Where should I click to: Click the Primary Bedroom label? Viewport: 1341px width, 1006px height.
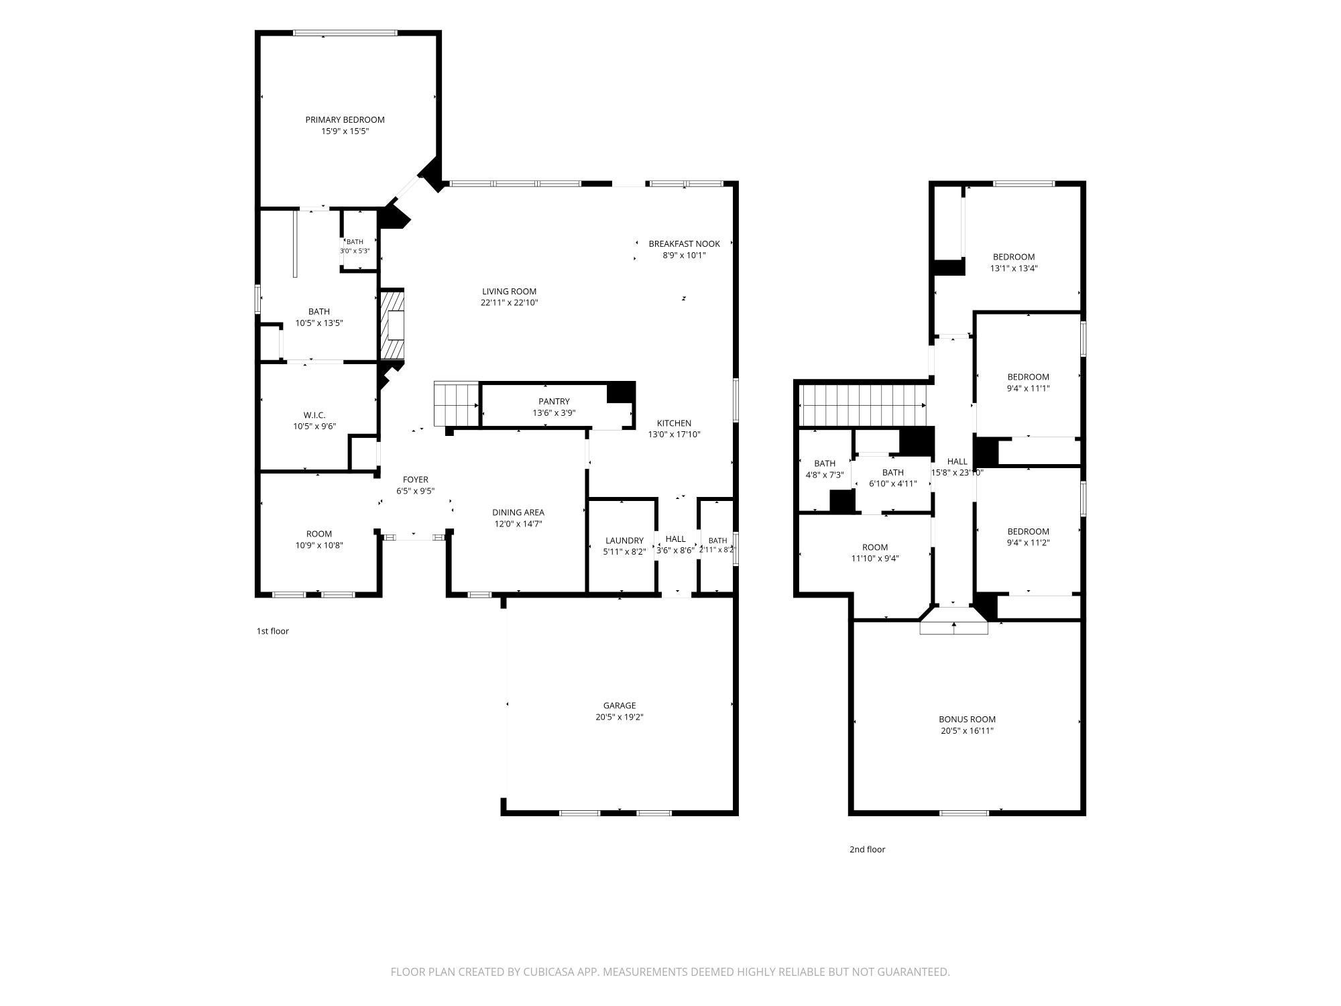[x=345, y=120]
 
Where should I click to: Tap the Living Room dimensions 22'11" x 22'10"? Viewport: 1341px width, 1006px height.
[x=510, y=302]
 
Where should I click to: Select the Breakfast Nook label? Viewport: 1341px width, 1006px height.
[x=684, y=244]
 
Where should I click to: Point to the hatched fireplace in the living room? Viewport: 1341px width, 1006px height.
[x=392, y=325]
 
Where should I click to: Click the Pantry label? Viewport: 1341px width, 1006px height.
[x=554, y=402]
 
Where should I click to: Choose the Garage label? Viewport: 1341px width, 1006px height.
[x=620, y=706]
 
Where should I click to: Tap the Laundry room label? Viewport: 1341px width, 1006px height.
[x=624, y=541]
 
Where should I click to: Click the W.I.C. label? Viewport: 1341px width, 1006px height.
[x=314, y=415]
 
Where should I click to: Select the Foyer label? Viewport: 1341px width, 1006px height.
[x=416, y=480]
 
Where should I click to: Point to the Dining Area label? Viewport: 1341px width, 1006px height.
[x=518, y=512]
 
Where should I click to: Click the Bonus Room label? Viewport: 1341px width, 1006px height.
[x=967, y=720]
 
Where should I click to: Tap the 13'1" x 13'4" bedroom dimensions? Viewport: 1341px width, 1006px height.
[x=1014, y=268]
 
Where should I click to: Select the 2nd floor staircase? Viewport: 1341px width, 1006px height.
[x=864, y=405]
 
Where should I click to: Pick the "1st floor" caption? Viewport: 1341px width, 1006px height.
[x=273, y=631]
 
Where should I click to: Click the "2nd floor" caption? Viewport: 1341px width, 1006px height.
[x=868, y=849]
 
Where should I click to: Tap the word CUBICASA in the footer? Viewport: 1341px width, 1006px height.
[x=551, y=972]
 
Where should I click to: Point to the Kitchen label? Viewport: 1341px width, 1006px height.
[x=674, y=423]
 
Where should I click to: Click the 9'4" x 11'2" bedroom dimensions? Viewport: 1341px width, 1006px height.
[x=1028, y=543]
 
